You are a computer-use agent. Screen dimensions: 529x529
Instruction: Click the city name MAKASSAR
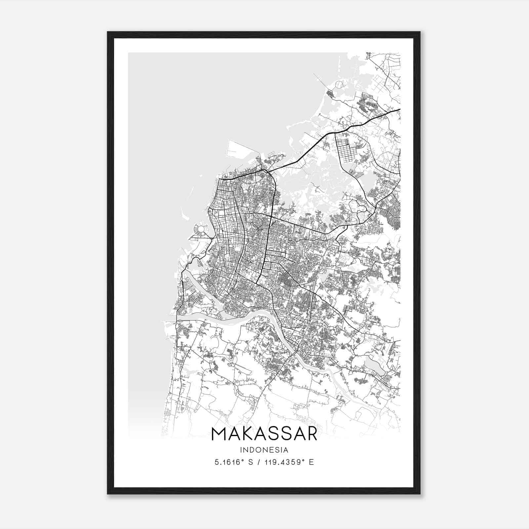coord(264,434)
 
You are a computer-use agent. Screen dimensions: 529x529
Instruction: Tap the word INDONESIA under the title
coord(264,450)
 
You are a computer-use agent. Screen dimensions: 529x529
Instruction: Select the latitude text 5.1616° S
coord(233,462)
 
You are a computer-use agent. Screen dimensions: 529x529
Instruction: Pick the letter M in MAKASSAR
coord(219,434)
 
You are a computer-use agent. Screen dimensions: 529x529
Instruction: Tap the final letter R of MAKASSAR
coord(311,434)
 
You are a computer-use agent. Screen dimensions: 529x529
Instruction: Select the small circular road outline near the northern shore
coord(339,86)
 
